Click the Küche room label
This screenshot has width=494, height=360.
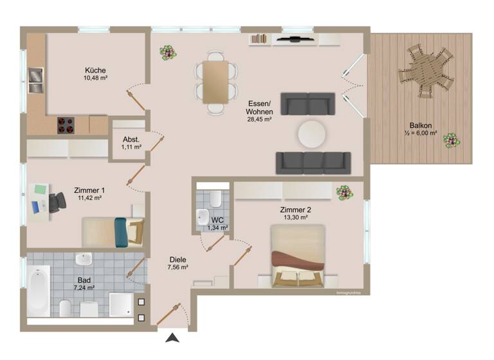(95, 70)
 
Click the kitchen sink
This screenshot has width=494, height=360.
(35, 80)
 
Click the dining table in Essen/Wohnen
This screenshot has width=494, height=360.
(215, 82)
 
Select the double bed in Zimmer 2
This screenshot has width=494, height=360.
(297, 256)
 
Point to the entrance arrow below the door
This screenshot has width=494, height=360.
(173, 337)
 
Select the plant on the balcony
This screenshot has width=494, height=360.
(452, 140)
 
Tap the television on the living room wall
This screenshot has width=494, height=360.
(294, 39)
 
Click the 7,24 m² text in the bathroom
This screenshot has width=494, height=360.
(84, 288)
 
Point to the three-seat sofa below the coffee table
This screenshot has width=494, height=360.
(313, 163)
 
